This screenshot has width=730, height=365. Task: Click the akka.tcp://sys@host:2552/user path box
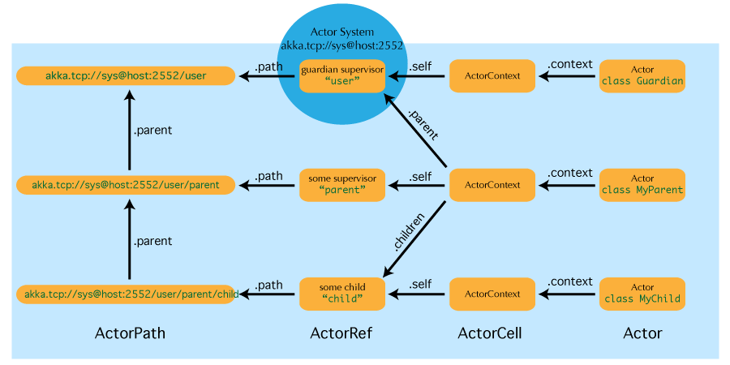click(126, 76)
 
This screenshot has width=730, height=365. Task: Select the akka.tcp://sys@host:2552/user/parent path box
click(126, 185)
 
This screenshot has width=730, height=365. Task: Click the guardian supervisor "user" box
click(341, 76)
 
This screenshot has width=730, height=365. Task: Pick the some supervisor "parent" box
click(341, 185)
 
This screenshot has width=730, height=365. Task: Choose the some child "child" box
click(341, 294)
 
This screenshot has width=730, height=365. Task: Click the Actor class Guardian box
click(642, 76)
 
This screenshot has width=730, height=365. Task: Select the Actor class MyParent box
click(642, 185)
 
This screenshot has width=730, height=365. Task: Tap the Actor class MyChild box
click(642, 294)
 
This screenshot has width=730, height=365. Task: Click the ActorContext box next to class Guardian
click(492, 76)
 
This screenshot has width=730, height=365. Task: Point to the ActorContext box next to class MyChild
click(492, 294)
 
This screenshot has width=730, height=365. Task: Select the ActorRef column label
click(341, 333)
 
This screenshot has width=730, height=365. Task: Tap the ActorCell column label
click(490, 333)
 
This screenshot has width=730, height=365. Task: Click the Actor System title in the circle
click(341, 32)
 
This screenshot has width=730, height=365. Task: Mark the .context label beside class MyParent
click(570, 173)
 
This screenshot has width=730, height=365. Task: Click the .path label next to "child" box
click(268, 285)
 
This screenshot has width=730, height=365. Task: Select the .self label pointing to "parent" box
click(420, 175)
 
